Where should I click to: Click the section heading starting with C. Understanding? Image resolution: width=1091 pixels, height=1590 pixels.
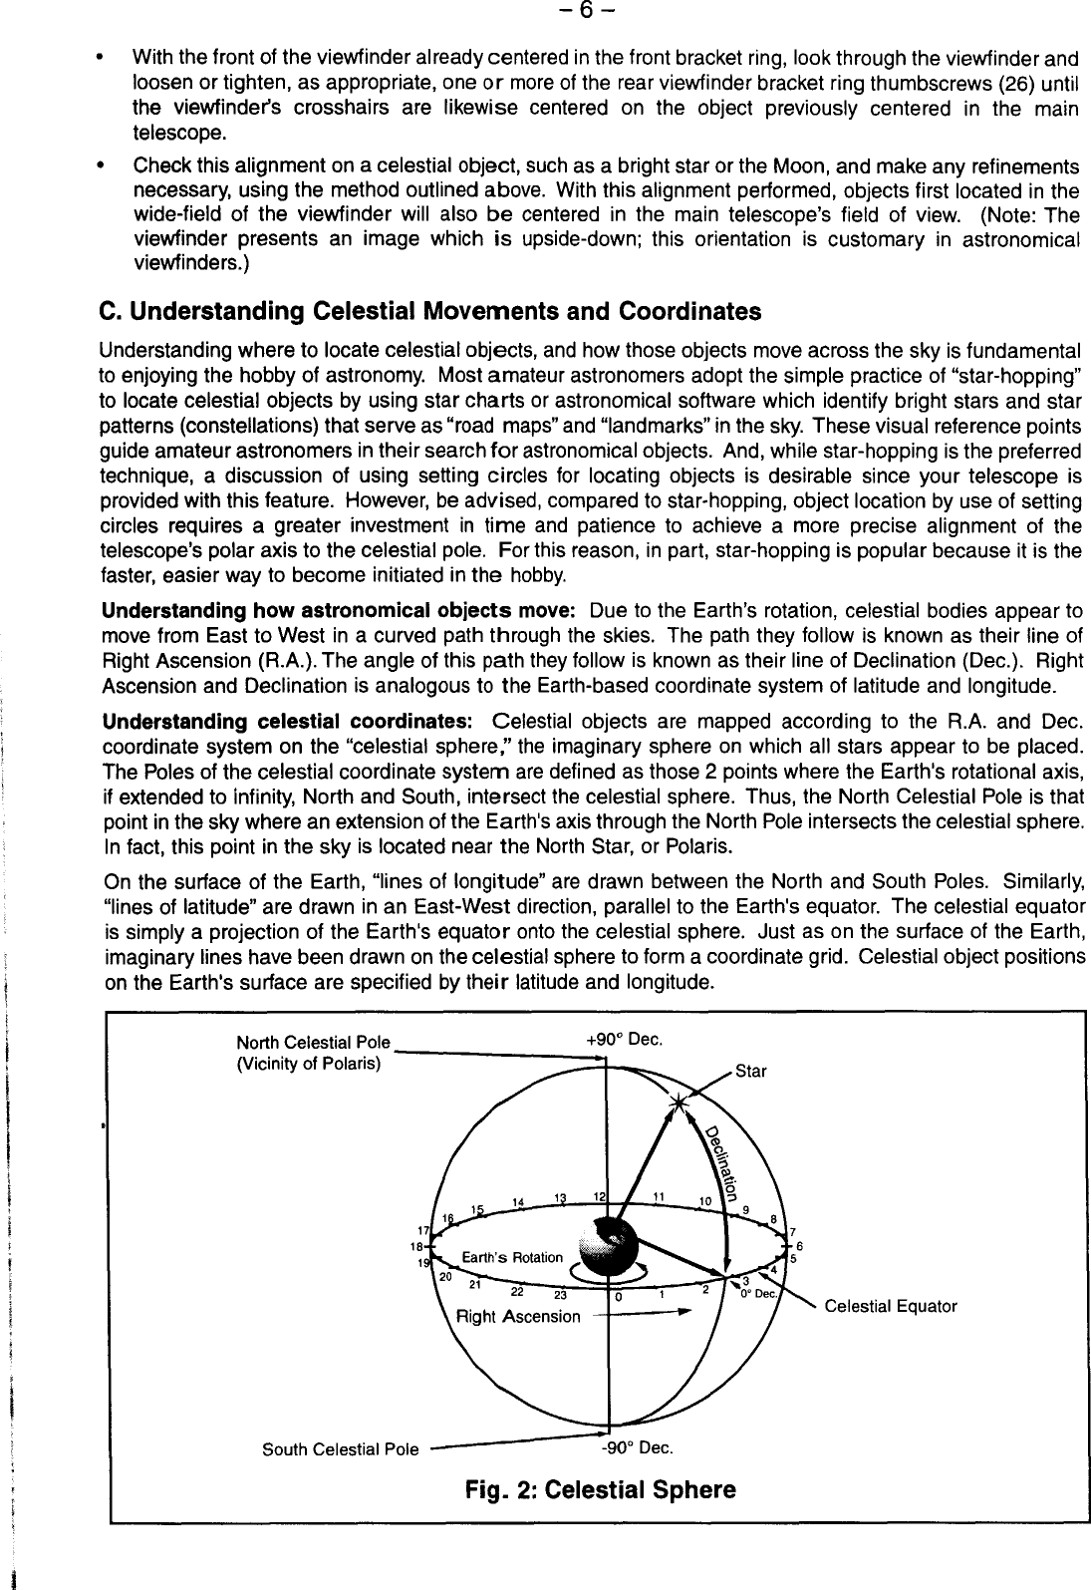click(430, 312)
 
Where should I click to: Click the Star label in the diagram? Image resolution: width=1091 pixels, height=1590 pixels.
click(751, 1072)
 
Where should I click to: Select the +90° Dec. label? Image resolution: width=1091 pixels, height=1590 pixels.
click(625, 1040)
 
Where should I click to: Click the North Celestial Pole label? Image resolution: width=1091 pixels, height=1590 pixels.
click(312, 1043)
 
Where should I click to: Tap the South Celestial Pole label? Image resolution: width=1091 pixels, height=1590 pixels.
click(340, 1448)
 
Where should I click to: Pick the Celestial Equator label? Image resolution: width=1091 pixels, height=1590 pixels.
click(891, 1306)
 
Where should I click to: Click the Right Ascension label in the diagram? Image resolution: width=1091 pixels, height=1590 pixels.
click(517, 1316)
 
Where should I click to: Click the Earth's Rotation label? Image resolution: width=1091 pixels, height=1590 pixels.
click(512, 1257)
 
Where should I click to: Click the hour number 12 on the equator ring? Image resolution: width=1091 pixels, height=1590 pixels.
click(600, 1195)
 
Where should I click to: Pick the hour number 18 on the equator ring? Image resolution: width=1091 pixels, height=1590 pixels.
click(420, 1246)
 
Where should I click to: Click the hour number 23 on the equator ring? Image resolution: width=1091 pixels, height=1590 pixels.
click(560, 1296)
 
